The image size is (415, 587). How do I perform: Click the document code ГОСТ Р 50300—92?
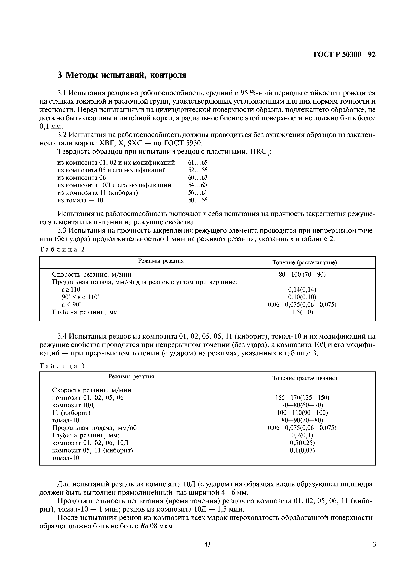[x=344, y=55]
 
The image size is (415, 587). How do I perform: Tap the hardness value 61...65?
[x=198, y=163]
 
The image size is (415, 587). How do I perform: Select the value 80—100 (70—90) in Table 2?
[x=302, y=275]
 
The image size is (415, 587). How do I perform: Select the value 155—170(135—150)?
[x=302, y=398]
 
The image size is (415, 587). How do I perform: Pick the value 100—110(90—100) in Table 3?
[x=302, y=413]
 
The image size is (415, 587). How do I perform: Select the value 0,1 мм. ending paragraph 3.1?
[x=51, y=127]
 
